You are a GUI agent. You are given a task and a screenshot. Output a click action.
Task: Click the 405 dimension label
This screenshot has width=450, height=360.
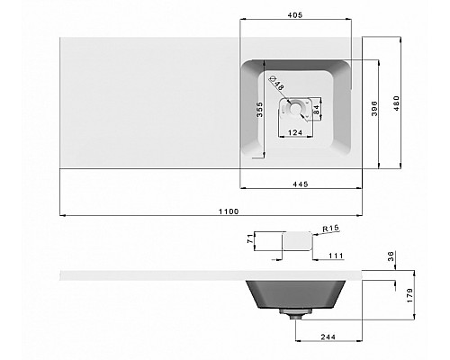pos(295,15)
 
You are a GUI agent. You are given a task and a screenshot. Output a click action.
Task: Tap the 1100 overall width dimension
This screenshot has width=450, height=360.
pos(229,211)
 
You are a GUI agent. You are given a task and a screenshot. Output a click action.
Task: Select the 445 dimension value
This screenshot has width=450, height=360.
pos(301,184)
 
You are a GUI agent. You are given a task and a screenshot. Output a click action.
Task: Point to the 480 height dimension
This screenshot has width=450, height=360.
pos(397,103)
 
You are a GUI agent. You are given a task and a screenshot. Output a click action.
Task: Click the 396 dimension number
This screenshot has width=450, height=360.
pos(374,108)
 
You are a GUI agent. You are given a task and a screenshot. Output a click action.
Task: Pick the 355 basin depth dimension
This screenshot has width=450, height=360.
pos(260,110)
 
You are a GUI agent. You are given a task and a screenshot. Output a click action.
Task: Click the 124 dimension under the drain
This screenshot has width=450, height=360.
pos(295,132)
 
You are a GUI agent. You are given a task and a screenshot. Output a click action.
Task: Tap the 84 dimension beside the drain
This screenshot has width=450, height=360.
pos(316,110)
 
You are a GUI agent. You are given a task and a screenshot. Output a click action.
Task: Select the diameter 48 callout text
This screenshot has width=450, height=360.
pos(276,83)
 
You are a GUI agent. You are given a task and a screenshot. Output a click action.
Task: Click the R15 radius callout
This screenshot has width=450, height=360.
pos(331,229)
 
